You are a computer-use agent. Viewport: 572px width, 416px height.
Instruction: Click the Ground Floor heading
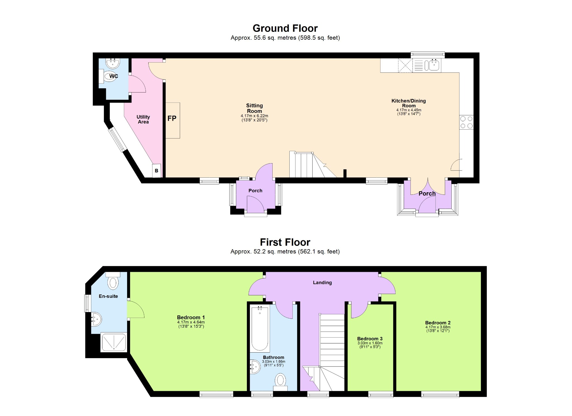[285, 28]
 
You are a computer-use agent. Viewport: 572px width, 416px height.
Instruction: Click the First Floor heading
[285, 242]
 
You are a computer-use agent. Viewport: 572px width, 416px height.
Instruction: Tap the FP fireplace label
[172, 118]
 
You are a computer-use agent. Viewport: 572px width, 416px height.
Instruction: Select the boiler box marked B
[156, 170]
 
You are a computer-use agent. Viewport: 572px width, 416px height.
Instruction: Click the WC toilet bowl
[109, 76]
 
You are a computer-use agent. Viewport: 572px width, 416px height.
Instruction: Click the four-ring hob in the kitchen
[466, 122]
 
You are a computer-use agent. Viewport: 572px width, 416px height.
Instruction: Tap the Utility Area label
[143, 119]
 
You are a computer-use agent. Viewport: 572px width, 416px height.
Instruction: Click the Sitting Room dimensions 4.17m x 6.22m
[254, 116]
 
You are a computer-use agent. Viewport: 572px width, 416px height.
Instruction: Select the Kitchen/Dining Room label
[408, 103]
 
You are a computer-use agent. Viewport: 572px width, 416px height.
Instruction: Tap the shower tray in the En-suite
[114, 342]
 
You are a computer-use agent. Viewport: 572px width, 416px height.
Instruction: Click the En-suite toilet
[113, 282]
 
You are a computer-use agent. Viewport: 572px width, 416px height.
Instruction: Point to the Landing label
[322, 282]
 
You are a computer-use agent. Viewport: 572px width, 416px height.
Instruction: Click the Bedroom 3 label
[370, 339]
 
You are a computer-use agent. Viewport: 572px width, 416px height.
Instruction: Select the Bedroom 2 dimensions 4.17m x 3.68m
[438, 327]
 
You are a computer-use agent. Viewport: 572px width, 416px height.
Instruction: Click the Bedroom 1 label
[191, 317]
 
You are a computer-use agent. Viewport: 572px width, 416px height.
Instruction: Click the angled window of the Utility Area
[118, 139]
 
